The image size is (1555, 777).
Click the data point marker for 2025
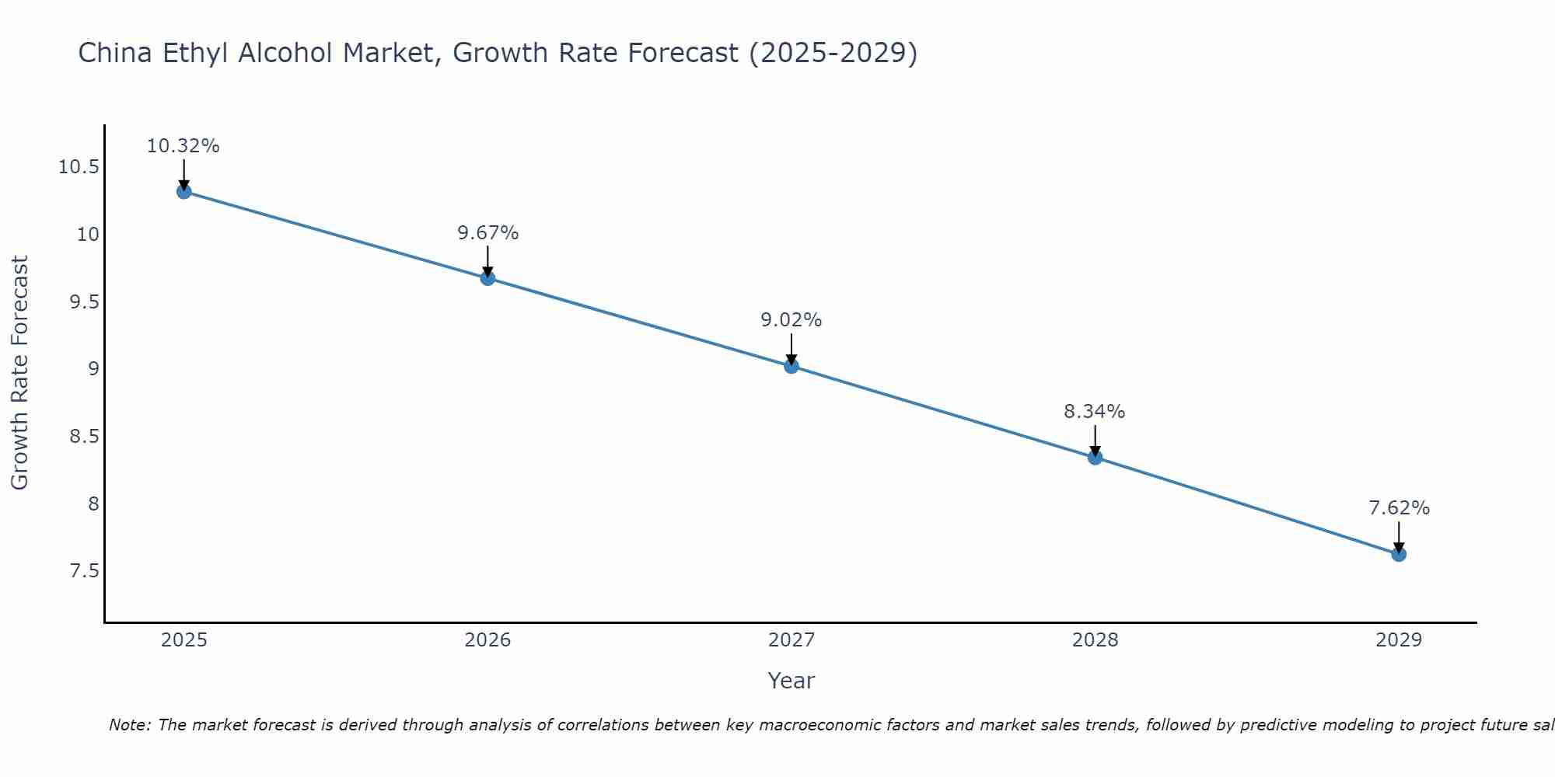184,191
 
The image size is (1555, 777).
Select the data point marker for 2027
791,366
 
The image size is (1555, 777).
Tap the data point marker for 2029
1399,554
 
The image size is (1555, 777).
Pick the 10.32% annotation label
183,146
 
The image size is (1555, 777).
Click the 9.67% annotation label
487,233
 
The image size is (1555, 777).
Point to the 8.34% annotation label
1095,412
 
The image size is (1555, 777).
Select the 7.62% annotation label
1399,508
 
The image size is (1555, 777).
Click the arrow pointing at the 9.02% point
791,349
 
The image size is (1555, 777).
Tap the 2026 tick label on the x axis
487,640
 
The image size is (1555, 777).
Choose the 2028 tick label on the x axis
1095,640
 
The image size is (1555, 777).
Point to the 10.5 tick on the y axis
79,167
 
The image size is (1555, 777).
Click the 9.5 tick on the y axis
85,302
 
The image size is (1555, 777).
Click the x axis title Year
791,681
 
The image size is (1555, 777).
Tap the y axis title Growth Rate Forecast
19,373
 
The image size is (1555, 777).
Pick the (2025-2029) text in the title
833,53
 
